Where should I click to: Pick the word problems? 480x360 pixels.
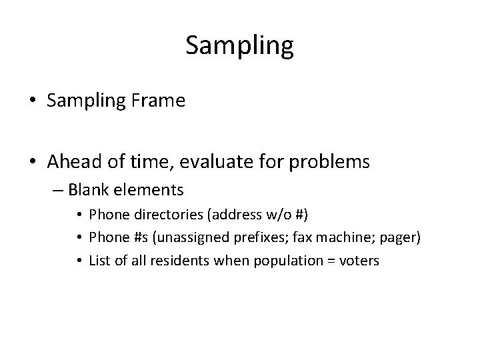[331, 161]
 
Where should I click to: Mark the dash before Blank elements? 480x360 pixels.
[55, 191]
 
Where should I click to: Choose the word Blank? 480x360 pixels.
[89, 191]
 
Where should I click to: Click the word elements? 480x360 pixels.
[149, 191]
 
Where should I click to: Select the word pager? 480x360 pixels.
[398, 239]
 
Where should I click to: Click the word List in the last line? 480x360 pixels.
[99, 261]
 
